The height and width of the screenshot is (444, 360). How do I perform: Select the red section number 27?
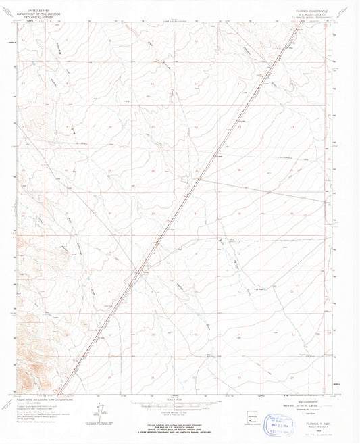(x=197, y=172)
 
